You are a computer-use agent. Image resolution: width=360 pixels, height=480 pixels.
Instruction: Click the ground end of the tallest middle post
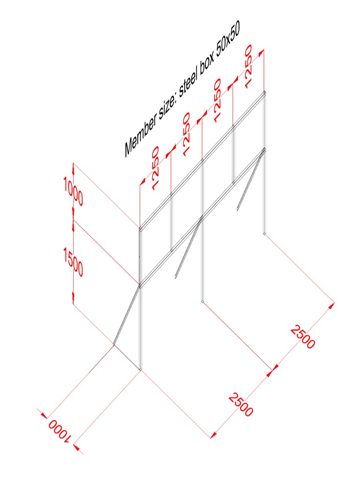click(202, 301)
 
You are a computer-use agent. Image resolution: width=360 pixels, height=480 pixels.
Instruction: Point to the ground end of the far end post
click(265, 232)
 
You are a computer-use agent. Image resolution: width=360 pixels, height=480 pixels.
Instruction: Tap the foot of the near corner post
click(141, 369)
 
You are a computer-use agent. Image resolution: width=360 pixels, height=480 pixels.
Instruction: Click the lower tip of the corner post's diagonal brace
click(114, 345)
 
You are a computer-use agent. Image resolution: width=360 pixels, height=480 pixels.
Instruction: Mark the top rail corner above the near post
click(140, 229)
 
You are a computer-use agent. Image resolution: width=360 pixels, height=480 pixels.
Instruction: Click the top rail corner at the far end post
click(265, 92)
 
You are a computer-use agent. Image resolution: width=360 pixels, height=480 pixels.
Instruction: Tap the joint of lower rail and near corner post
click(140, 285)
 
